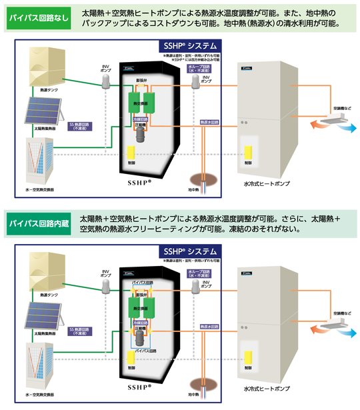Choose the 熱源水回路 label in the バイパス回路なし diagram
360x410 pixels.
coord(211,122)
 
